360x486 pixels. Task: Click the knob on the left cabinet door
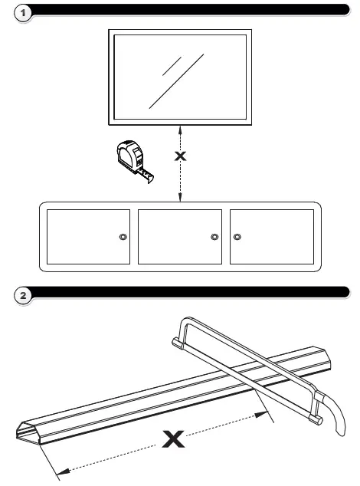pyautogui.click(x=123, y=237)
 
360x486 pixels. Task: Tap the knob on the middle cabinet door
pyautogui.click(x=214, y=237)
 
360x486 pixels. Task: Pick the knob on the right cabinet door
pyautogui.click(x=237, y=237)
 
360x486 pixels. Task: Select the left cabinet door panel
pyautogui.click(x=88, y=236)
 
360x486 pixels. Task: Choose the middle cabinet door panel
pyautogui.click(x=179, y=236)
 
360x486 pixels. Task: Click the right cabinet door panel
pyautogui.click(x=272, y=236)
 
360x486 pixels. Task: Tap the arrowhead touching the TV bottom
pyautogui.click(x=180, y=127)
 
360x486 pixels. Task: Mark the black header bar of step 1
pyautogui.click(x=191, y=9)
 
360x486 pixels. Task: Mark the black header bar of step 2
pyautogui.click(x=191, y=291)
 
